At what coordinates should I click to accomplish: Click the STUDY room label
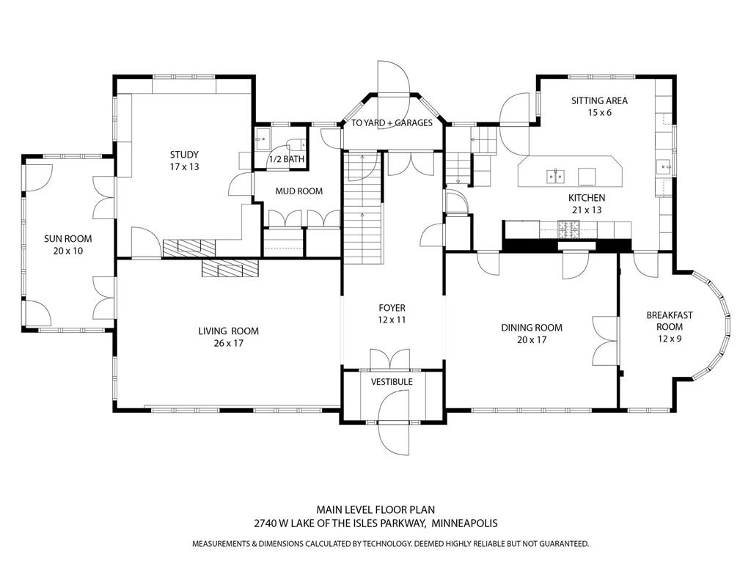(x=184, y=155)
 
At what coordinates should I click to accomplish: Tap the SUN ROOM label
(x=67, y=239)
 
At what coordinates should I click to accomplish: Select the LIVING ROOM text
(x=228, y=331)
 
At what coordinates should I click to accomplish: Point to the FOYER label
(x=392, y=308)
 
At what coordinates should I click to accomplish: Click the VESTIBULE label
(x=392, y=382)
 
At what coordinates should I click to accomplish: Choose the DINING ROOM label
(x=532, y=328)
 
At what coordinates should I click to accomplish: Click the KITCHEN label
(x=587, y=198)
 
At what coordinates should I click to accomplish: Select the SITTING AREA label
(x=599, y=100)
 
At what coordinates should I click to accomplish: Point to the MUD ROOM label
(x=298, y=191)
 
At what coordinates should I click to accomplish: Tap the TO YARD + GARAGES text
(x=392, y=123)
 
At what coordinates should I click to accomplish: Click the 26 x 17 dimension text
(x=228, y=343)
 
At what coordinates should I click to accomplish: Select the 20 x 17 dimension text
(x=532, y=339)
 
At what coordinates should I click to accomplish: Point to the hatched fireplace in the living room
(x=230, y=268)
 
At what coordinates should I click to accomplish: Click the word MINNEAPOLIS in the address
(x=464, y=523)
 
